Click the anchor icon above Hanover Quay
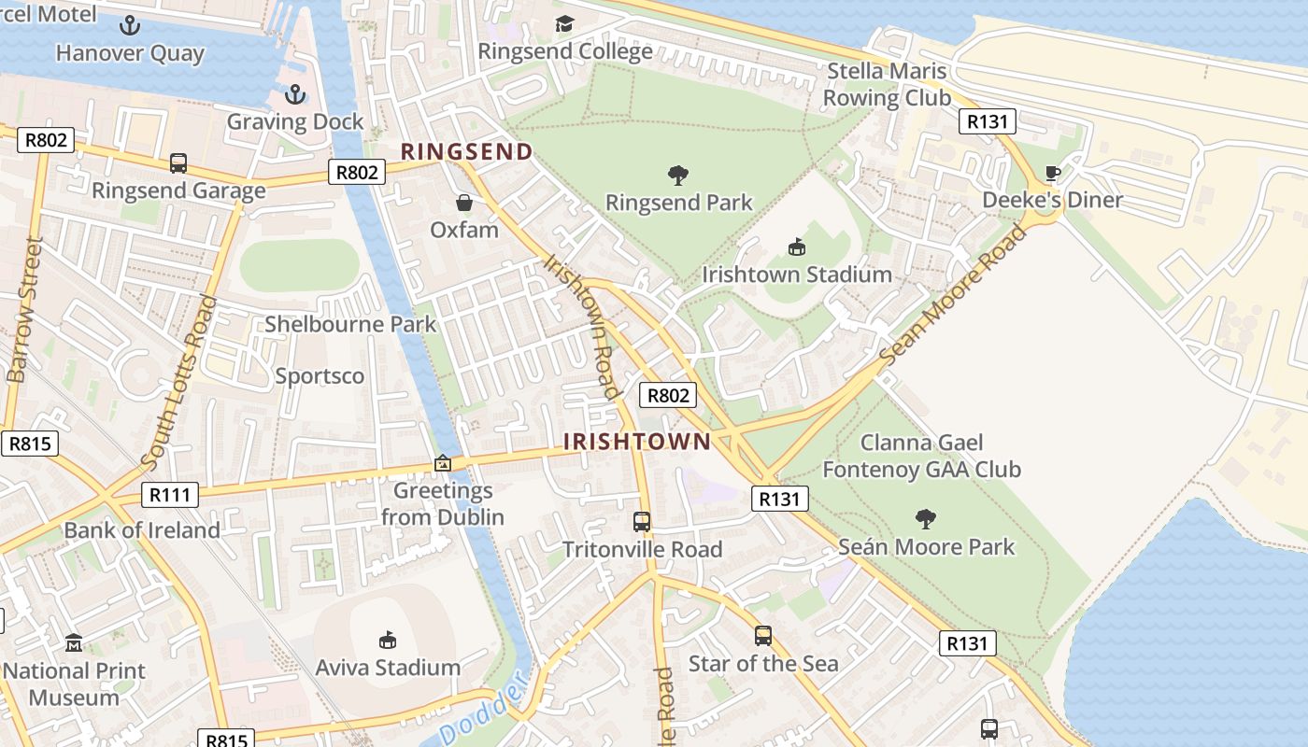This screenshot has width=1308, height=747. pyautogui.click(x=130, y=25)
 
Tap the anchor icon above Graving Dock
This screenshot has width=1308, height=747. pyautogui.click(x=294, y=94)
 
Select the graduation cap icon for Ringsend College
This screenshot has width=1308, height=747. pyautogui.click(x=564, y=23)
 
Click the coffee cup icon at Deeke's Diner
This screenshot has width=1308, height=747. pyautogui.click(x=1052, y=173)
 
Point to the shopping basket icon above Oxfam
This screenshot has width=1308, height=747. pyautogui.click(x=463, y=203)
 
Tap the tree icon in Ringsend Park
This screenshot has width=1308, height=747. pyautogui.click(x=678, y=175)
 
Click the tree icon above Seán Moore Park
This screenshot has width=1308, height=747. pyautogui.click(x=926, y=518)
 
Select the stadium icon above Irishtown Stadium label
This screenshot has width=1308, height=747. pyautogui.click(x=797, y=247)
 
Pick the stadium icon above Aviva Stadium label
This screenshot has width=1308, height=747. pyautogui.click(x=387, y=640)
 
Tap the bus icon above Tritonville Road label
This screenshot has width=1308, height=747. pyautogui.click(x=642, y=522)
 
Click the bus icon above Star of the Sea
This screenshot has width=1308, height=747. pyautogui.click(x=763, y=636)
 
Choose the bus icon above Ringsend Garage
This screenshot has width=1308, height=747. pyautogui.click(x=178, y=163)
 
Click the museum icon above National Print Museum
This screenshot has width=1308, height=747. pyautogui.click(x=74, y=643)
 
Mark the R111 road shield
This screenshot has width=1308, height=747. pyautogui.click(x=170, y=495)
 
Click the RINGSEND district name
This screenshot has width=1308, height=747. pyautogui.click(x=466, y=151)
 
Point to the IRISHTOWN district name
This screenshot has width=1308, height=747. pyautogui.click(x=637, y=442)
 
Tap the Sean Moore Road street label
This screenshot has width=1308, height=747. pyautogui.click(x=952, y=296)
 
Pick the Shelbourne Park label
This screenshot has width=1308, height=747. pyautogui.click(x=350, y=324)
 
